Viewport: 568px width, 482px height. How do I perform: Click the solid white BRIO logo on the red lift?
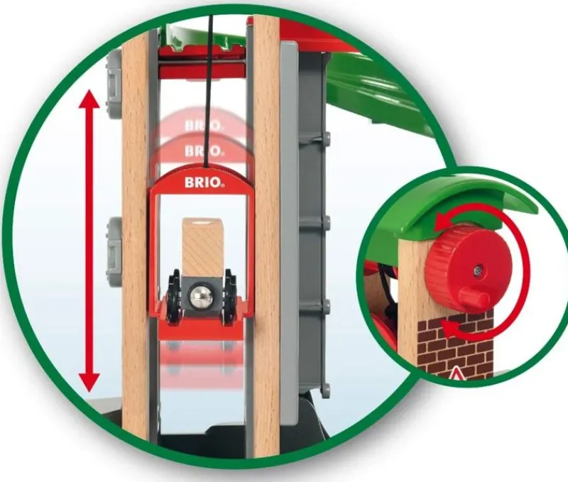pos(204,182)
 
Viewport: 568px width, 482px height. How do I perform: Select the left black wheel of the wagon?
pos(175,294)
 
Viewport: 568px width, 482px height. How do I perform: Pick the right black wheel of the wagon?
pos(229,294)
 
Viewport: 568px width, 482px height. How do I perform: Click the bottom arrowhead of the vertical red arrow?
pos(89,381)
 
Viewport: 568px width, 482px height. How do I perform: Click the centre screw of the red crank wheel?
pos(479,269)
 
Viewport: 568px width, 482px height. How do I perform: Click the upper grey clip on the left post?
pos(112,83)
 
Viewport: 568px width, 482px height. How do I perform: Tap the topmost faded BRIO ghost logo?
pos(202,126)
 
